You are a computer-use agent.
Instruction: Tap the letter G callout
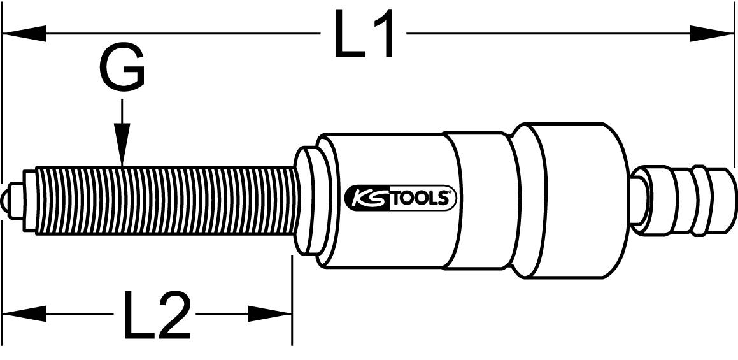pos(122,69)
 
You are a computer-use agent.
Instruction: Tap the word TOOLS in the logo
pos(422,199)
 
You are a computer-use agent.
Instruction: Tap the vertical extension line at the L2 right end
pos(291,299)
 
